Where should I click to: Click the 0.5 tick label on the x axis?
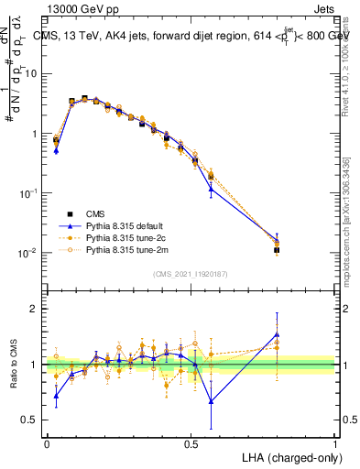point(191,443)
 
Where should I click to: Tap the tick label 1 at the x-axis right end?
point(335,443)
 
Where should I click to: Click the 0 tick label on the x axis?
point(47,443)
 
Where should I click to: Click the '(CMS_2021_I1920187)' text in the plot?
point(191,273)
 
